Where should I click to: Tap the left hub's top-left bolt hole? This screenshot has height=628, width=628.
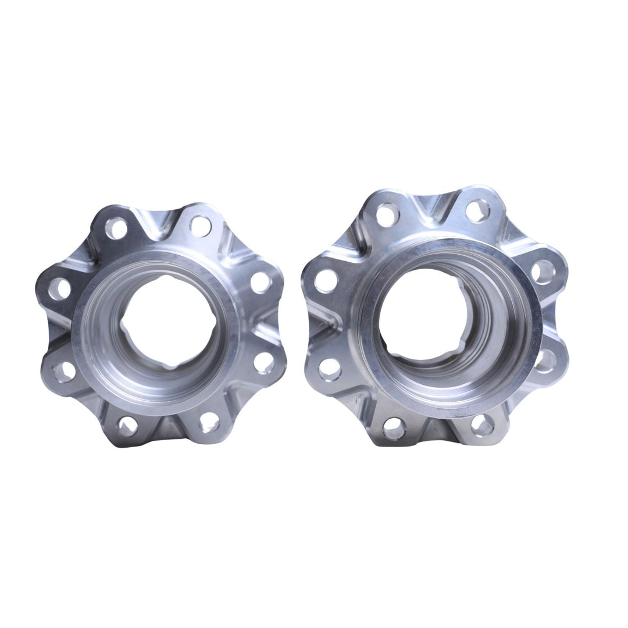coord(116,228)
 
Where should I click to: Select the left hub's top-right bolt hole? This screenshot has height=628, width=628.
coord(200,226)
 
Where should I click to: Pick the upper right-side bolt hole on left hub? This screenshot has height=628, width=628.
coord(261,282)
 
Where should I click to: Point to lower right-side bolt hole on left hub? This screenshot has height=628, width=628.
coord(263,362)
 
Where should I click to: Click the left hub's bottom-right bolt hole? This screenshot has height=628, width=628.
coord(209,423)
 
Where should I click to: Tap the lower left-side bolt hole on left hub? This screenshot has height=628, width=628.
coord(65,372)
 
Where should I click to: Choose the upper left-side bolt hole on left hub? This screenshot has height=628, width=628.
coord(59,288)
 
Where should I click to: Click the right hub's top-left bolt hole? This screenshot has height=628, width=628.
coord(387,215)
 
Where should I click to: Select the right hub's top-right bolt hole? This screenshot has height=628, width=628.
coord(477,210)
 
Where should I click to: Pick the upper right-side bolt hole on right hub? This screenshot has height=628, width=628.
coord(543,272)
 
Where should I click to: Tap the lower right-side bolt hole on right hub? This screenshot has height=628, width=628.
coord(545,361)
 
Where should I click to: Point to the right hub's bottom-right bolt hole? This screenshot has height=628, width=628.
coord(482,424)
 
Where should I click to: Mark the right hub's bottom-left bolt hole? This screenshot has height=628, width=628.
coord(394,428)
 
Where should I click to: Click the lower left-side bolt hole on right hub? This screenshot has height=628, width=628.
coord(330,369)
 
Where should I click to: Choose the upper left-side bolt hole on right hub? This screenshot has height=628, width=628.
coord(326,281)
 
